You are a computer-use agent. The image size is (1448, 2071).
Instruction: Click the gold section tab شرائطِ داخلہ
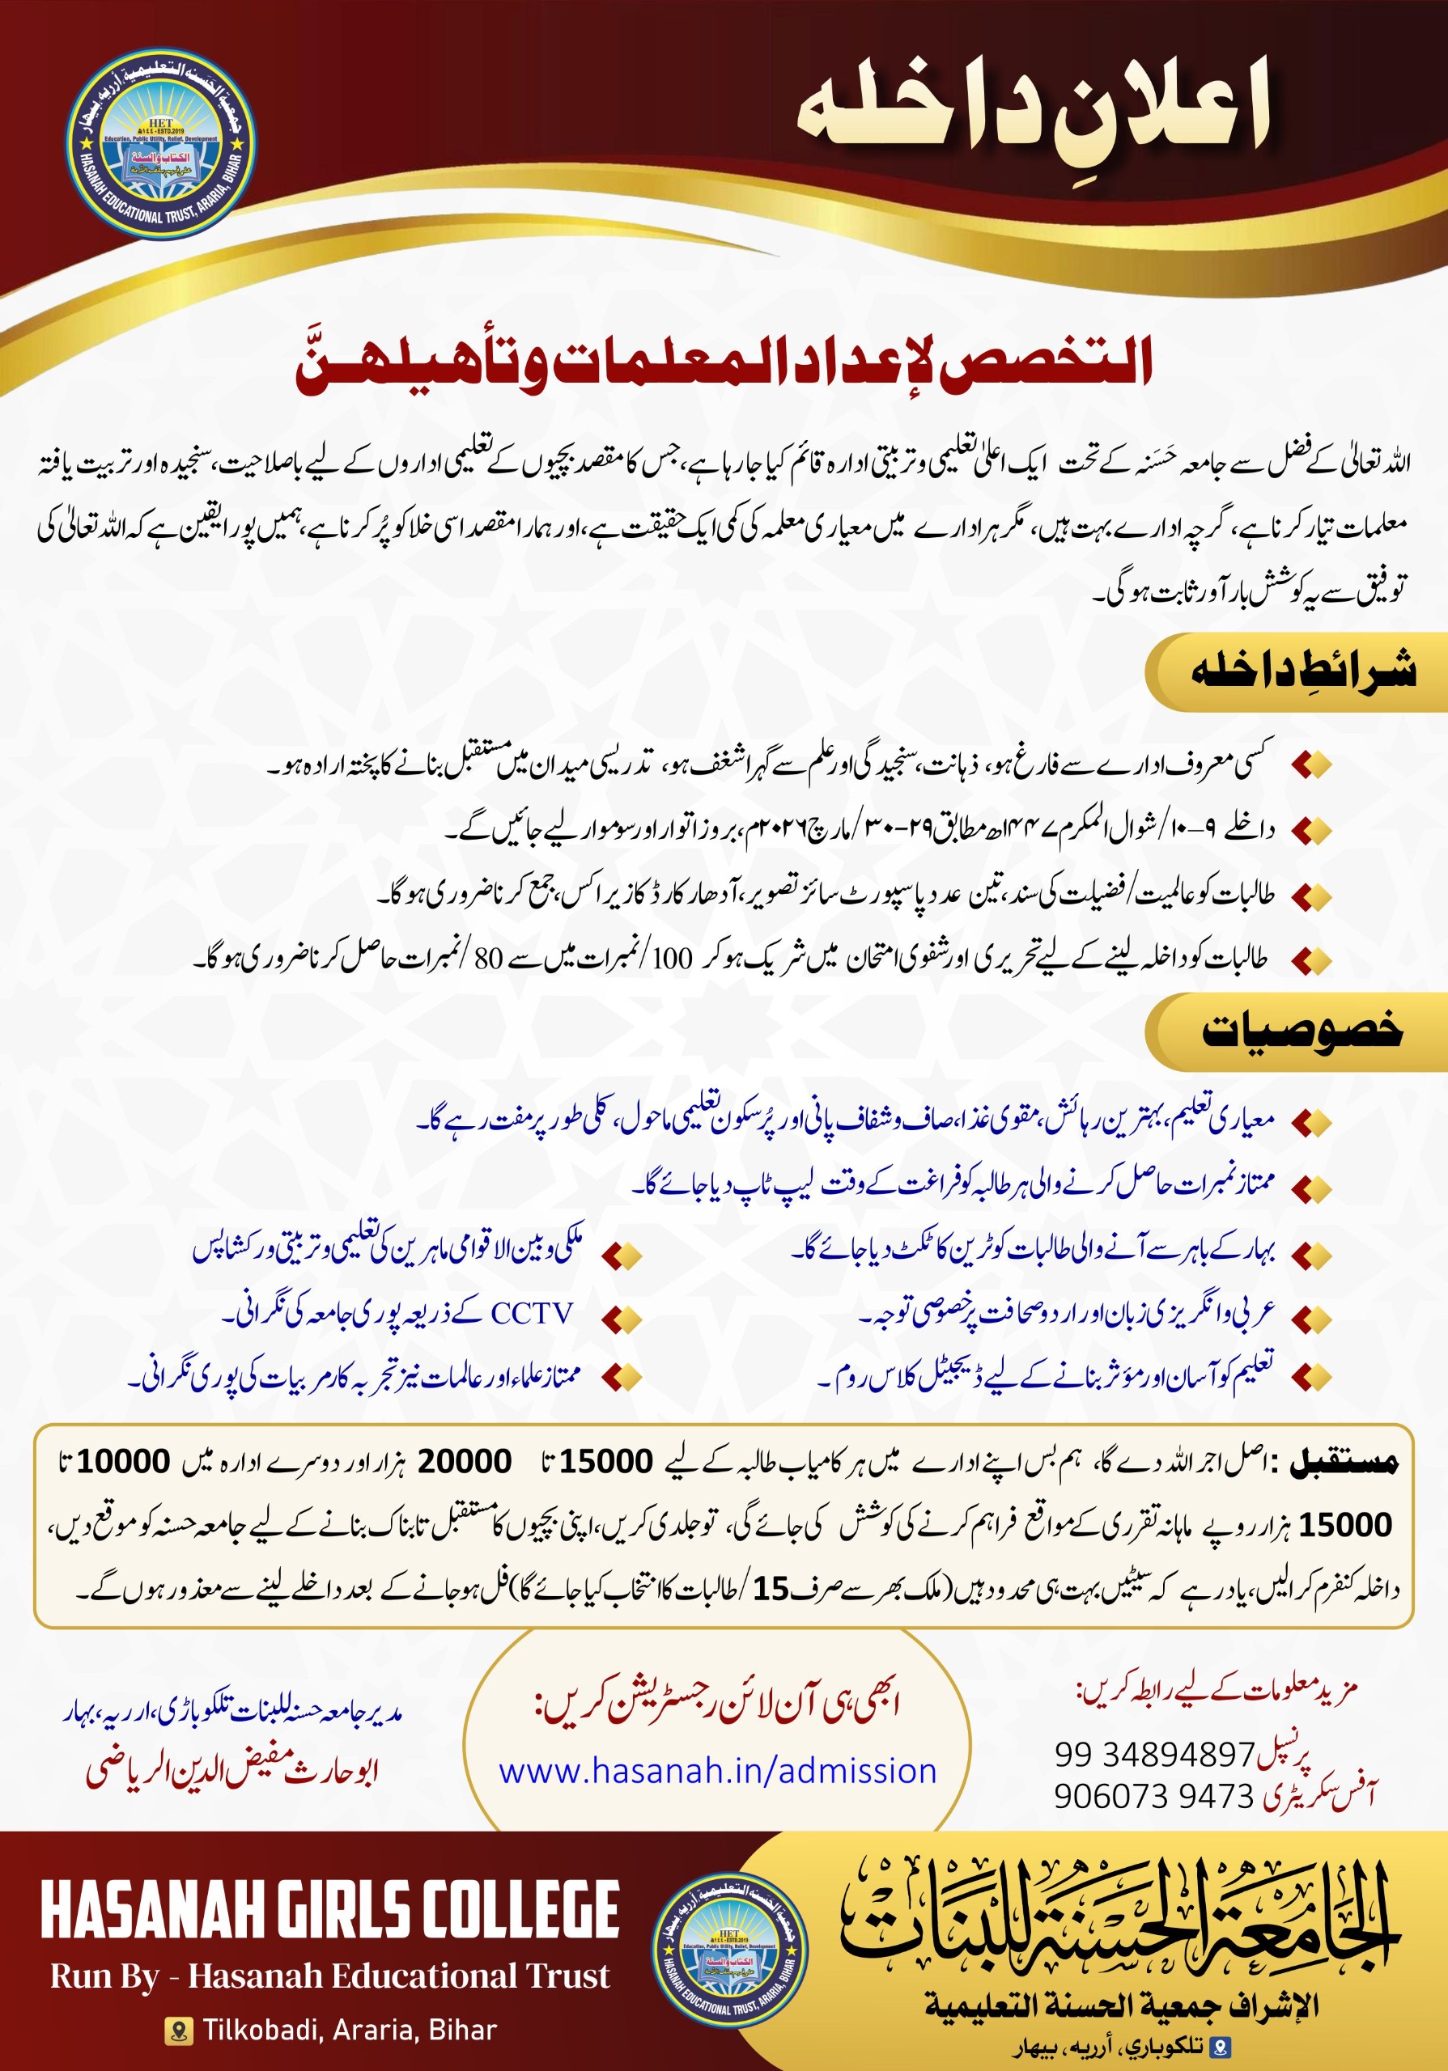pos(1302,672)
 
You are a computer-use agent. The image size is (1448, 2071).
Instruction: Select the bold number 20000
pos(464,1460)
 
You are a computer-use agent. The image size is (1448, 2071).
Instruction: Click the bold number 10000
pos(123,1460)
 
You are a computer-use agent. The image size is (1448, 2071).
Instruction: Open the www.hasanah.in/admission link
pos(717,1771)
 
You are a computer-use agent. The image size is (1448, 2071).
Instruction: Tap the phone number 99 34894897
pos(1154,1755)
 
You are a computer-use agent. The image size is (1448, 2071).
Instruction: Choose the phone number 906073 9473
pos(1154,1796)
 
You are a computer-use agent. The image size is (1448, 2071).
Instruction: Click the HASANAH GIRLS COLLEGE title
pos(330,1909)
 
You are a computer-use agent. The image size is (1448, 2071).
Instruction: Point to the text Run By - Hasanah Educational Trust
pos(330,1976)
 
